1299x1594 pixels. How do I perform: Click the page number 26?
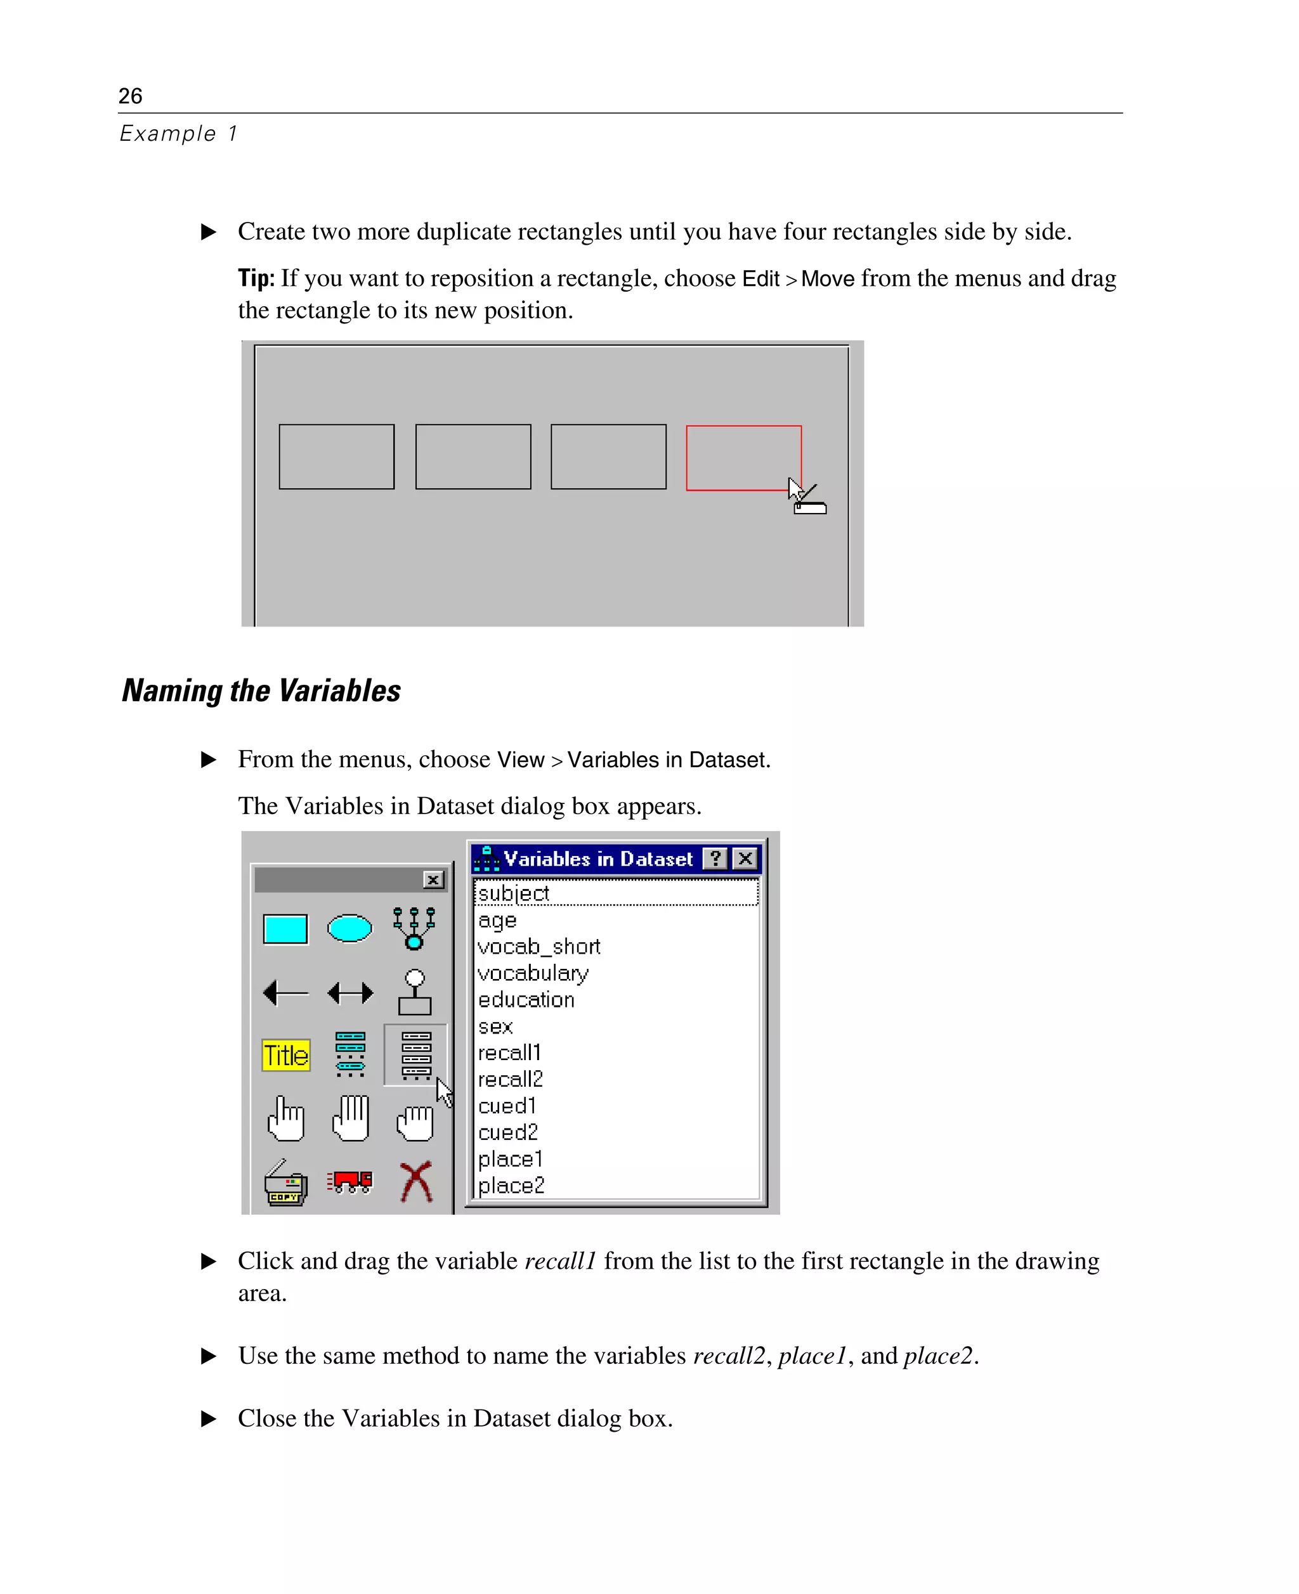[x=130, y=96]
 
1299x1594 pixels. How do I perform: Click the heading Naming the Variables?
[x=261, y=690]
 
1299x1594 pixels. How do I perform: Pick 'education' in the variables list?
[x=526, y=999]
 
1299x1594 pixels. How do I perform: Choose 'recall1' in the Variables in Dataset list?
[x=509, y=1053]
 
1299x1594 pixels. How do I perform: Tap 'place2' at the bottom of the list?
[x=511, y=1186]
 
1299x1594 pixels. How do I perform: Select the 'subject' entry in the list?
[x=513, y=893]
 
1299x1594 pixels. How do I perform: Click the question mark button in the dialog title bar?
[x=715, y=859]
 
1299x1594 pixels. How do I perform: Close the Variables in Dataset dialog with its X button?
[x=745, y=859]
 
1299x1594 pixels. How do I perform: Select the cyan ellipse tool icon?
[x=349, y=928]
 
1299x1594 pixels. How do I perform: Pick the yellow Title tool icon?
[x=286, y=1056]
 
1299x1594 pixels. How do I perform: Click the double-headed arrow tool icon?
[x=350, y=992]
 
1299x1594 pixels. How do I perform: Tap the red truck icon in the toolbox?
[x=349, y=1182]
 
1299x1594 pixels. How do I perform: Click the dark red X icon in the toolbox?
[x=416, y=1182]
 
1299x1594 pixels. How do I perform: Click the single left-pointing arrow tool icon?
[x=286, y=992]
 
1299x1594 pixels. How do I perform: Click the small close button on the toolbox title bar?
[x=433, y=879]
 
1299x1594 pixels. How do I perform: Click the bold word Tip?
[x=256, y=278]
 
